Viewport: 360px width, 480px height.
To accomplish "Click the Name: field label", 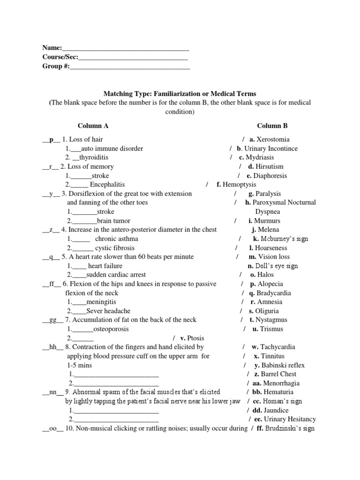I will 52,48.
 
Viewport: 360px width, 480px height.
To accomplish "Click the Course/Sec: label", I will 60,57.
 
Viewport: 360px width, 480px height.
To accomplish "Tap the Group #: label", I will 56,67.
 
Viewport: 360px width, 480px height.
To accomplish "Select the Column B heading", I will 272,126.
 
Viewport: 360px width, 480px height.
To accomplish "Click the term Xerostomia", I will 273,140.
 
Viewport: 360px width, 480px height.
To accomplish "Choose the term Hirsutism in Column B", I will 270,166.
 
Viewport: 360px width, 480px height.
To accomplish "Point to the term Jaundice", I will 276,410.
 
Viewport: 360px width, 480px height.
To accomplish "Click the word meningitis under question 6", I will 101,302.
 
